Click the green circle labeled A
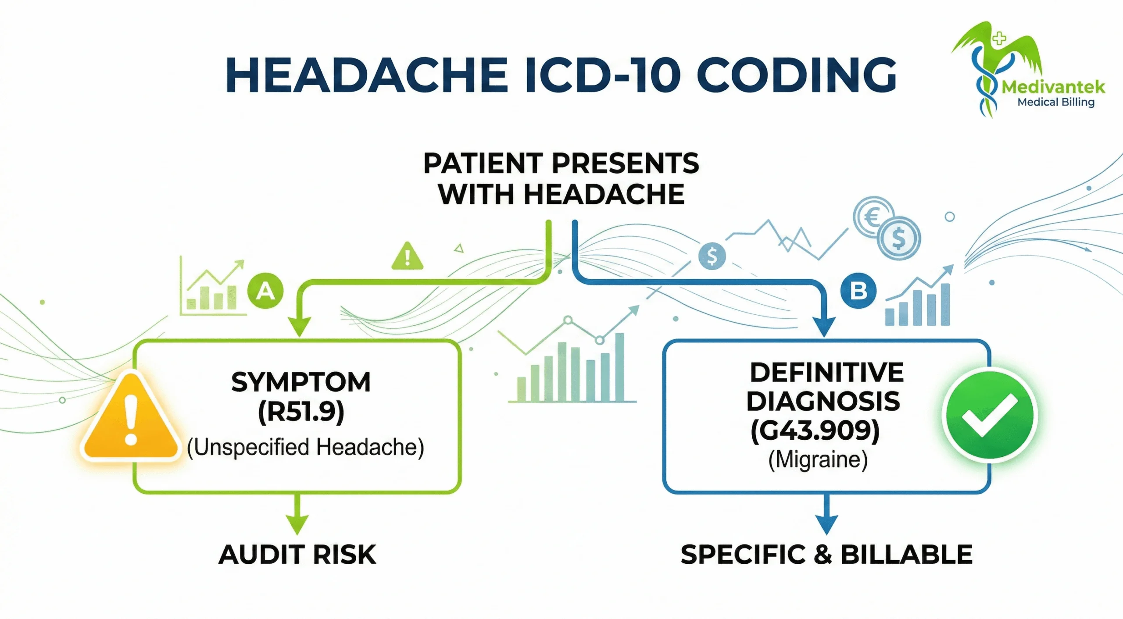[x=265, y=290]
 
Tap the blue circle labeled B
[x=858, y=290]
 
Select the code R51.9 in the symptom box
[x=301, y=412]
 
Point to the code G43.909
[x=815, y=431]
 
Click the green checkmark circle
[x=990, y=415]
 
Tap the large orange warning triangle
[x=131, y=416]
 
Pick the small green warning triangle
[x=408, y=256]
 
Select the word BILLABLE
[x=906, y=555]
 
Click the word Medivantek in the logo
[x=1053, y=87]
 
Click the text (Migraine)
[x=818, y=460]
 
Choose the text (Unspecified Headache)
[x=306, y=448]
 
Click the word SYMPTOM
[x=301, y=382]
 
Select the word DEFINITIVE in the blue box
[x=826, y=372]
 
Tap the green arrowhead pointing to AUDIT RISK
[x=297, y=524]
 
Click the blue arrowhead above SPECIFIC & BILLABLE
[x=826, y=524]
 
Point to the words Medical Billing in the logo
[x=1056, y=102]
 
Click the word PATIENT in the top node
[x=483, y=164]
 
